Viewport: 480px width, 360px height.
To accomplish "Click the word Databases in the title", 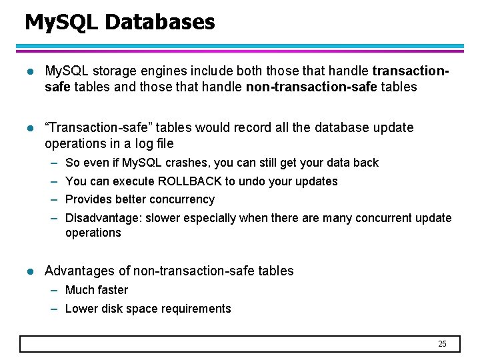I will click(x=159, y=23).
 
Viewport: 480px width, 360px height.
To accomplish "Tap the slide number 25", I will click(x=442, y=344).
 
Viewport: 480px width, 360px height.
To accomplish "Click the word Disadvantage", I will click(x=103, y=218).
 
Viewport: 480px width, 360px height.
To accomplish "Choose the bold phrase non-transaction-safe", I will click(x=311, y=87).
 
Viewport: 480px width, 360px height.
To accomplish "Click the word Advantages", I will click(x=87, y=271).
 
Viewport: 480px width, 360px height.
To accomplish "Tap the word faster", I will click(x=113, y=290).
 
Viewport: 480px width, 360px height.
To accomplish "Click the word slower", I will click(x=164, y=218).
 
